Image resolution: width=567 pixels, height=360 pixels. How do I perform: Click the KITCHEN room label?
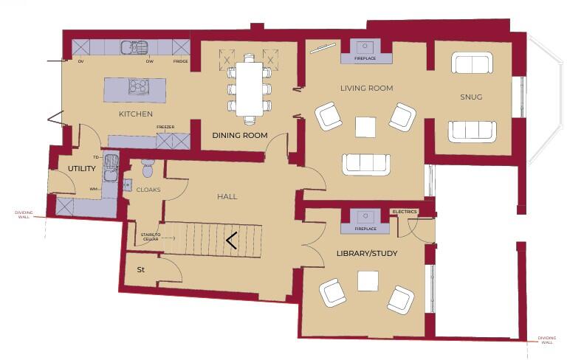click(x=136, y=114)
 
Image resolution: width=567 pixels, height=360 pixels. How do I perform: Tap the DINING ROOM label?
click(x=239, y=135)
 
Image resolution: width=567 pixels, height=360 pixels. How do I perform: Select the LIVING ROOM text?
click(x=366, y=88)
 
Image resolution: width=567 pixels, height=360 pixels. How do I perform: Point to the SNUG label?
click(x=471, y=97)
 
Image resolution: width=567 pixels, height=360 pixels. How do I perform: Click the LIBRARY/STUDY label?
click(x=367, y=254)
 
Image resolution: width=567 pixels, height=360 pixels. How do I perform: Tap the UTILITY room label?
click(x=82, y=169)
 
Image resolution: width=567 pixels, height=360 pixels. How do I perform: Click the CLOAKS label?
click(x=148, y=190)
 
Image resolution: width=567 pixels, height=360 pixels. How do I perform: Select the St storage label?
click(x=140, y=270)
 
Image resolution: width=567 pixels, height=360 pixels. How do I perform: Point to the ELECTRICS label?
click(x=405, y=212)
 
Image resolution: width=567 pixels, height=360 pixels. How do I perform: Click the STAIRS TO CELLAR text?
click(x=150, y=237)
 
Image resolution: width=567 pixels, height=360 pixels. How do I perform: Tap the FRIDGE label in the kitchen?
click(x=180, y=62)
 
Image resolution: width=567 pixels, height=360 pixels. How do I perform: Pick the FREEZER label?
click(x=165, y=128)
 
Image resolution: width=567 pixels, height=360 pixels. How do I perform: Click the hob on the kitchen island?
click(x=138, y=87)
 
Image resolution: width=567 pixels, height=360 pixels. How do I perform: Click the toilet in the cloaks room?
click(x=146, y=168)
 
